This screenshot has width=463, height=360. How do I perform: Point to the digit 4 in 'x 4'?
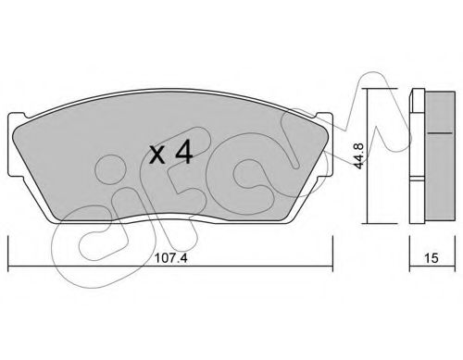(183, 153)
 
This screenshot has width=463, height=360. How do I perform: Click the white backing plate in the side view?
(418, 157)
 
